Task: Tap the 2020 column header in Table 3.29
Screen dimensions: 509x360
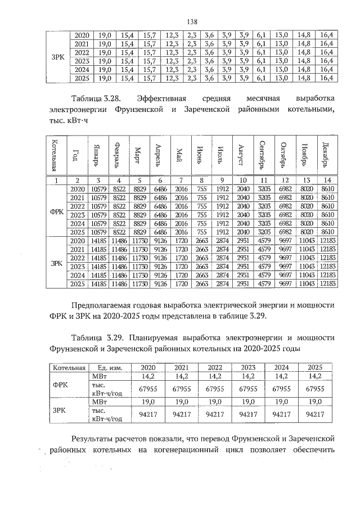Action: [148, 367]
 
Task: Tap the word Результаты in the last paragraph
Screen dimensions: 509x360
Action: [96, 438]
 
